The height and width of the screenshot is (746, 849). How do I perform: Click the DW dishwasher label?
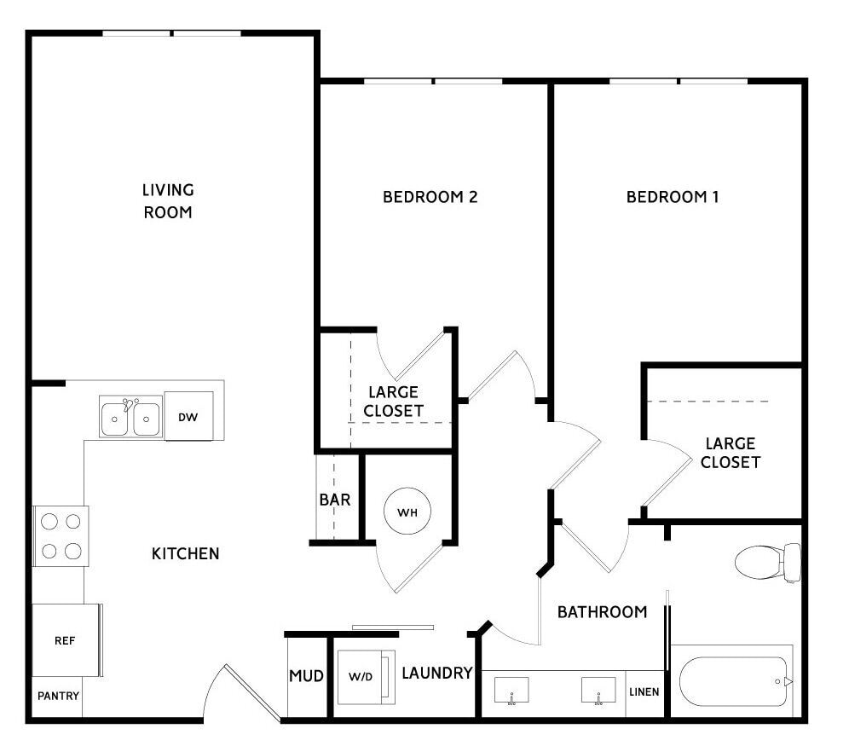coord(188,418)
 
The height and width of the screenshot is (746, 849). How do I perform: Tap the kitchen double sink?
coord(130,417)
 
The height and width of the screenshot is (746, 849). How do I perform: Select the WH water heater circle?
coord(407,512)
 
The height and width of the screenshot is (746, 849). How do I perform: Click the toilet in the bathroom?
coord(768,563)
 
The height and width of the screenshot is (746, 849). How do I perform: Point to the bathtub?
coord(734,681)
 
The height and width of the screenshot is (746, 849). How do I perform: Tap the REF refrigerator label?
coord(65,641)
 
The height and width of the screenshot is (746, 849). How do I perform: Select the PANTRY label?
coord(59,697)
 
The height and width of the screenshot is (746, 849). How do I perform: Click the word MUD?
coord(307,676)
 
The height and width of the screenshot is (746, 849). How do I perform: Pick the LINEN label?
coord(644,692)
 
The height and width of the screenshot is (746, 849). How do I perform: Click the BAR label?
coord(335,500)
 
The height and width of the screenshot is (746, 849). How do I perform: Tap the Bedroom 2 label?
coord(430,197)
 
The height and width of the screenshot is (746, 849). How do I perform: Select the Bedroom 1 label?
coord(673,197)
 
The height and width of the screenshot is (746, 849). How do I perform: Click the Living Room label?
coord(168,201)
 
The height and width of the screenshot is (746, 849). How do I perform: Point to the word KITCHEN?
coord(186,554)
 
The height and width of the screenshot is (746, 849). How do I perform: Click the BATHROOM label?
coord(603,612)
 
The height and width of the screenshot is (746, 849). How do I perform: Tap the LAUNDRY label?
coord(437,673)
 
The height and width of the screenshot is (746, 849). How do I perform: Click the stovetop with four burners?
coord(61,536)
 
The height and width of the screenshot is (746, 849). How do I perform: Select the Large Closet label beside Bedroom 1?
coord(731,453)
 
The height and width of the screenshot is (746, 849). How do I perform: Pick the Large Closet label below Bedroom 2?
coord(394,402)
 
